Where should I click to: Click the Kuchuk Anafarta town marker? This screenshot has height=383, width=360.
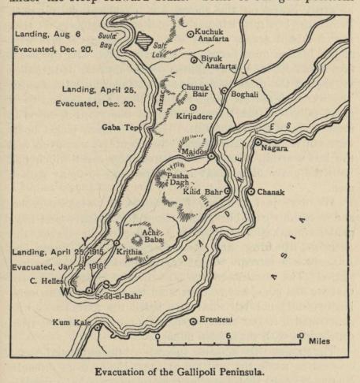click(189, 33)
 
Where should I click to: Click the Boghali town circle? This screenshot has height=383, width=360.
click(225, 91)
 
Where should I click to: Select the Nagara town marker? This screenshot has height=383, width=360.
click(280, 143)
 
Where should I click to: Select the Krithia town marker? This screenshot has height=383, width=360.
click(117, 243)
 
